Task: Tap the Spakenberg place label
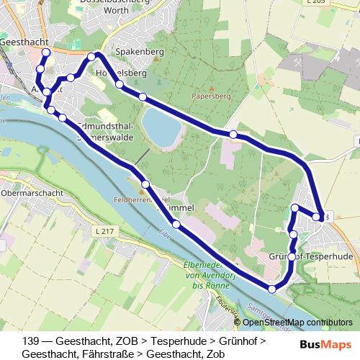click(x=144, y=53)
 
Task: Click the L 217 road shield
click(x=104, y=230)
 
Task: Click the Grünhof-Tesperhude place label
click(x=310, y=256)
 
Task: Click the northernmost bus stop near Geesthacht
click(x=46, y=53)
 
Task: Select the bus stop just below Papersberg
click(x=233, y=135)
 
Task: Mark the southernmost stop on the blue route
click(x=271, y=289)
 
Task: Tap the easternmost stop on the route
click(x=318, y=217)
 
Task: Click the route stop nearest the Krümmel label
click(x=176, y=225)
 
